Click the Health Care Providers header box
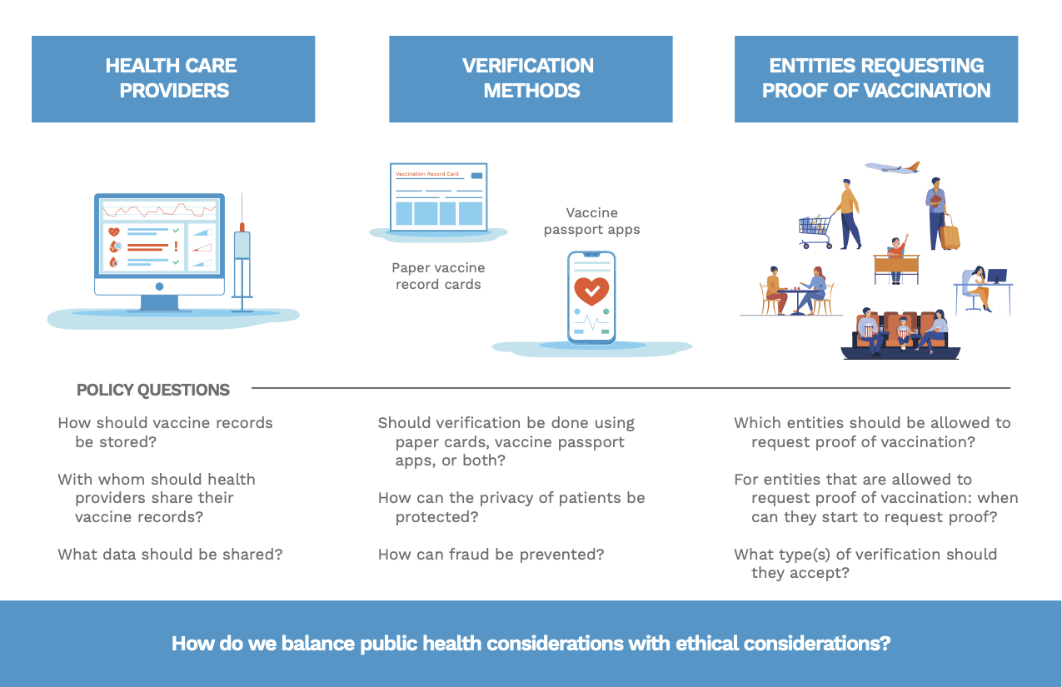173,79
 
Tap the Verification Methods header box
531,79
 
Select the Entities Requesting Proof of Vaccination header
876,79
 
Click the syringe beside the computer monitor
242,256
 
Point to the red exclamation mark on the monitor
176,246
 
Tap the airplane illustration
892,167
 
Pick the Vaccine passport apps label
591,221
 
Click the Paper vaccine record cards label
438,276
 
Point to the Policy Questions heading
152,390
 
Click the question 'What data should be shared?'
170,555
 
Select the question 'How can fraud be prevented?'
491,555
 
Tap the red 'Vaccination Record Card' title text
427,174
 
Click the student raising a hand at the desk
896,258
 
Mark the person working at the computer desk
980,288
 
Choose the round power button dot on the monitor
159,286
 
